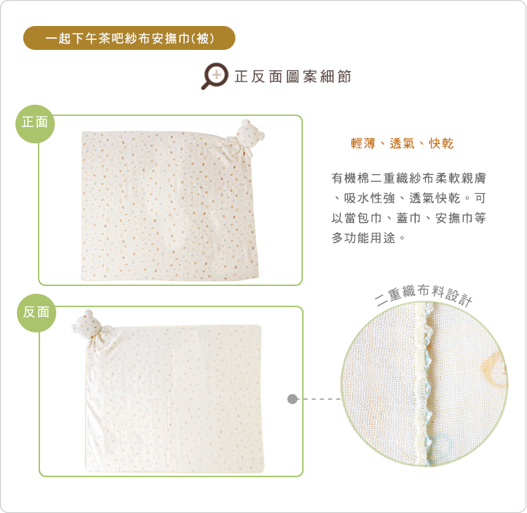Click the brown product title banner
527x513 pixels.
(x=129, y=38)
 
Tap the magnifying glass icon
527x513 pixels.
(x=214, y=76)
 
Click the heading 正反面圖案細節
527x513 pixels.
(x=293, y=77)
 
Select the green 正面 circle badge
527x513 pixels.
(x=35, y=124)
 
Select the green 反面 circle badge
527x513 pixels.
(x=37, y=313)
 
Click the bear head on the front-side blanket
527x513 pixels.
(x=250, y=134)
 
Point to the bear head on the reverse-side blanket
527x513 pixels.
(x=86, y=324)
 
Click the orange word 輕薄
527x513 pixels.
(x=363, y=143)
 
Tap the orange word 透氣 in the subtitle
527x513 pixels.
(x=402, y=143)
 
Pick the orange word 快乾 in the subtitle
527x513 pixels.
(x=441, y=143)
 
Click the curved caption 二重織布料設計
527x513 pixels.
(x=424, y=294)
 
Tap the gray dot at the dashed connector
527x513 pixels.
(x=292, y=399)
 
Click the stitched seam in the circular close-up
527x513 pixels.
(x=425, y=383)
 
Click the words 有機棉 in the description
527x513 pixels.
(x=351, y=178)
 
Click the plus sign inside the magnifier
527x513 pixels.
(x=217, y=74)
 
